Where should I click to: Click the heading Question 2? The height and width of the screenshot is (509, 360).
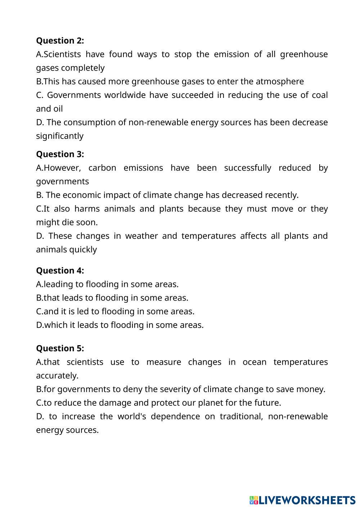[60, 41]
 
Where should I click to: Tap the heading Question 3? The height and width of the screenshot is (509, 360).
[60, 154]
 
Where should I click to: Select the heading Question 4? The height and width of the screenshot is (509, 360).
[60, 271]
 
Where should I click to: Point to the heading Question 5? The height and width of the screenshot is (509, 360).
[60, 348]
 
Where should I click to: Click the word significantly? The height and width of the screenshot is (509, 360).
[59, 136]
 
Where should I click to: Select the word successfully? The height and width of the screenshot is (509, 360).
[248, 168]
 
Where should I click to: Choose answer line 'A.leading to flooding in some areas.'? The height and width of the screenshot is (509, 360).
[107, 284]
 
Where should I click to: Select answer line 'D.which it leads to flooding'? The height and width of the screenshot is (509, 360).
[120, 325]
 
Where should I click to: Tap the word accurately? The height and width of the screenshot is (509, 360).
[57, 376]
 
